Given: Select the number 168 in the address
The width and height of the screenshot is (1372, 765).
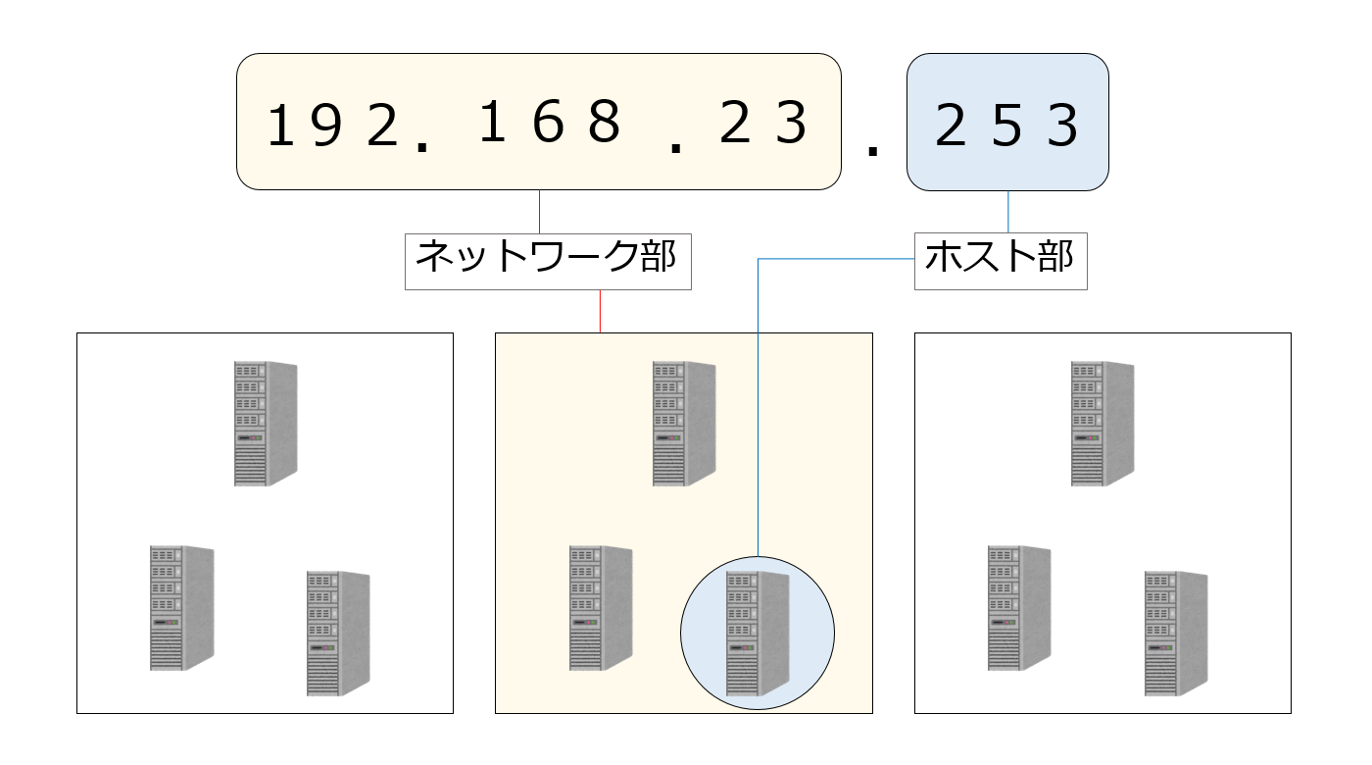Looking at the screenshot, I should coord(552,125).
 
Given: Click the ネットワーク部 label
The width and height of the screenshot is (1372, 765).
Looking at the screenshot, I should coord(548,260).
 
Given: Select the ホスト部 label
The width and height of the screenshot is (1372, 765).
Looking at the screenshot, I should coord(1000,260).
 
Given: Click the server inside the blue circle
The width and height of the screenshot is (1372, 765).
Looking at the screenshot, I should coord(757,634).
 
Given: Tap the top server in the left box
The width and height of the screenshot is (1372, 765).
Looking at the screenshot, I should coord(266,423).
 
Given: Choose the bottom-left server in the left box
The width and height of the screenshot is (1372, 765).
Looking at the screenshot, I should coord(181,608).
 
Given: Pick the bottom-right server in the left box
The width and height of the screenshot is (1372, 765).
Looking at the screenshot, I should coord(338,634).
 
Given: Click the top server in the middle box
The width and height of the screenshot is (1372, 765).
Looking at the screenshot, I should coord(684,423).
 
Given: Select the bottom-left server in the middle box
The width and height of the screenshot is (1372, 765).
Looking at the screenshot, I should coord(601,608).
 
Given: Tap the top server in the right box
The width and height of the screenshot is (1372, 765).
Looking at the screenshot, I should coord(1102,423).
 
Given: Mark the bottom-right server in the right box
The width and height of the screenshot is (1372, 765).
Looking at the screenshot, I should coord(1176,634).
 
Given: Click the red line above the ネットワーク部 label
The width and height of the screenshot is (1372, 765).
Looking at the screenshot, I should coord(540,210).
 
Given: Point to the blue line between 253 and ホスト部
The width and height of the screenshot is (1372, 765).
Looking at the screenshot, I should coord(1008,210).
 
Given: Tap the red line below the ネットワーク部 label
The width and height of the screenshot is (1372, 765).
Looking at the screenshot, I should coord(600,311).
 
